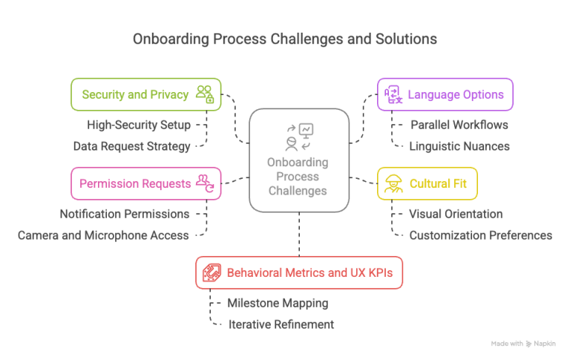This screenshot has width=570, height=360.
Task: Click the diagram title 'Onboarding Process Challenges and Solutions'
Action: (x=285, y=39)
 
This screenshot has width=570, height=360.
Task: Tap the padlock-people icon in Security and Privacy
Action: (x=205, y=94)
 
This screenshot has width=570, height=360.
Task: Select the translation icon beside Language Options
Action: (x=393, y=94)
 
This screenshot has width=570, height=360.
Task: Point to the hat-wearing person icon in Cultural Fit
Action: (x=393, y=183)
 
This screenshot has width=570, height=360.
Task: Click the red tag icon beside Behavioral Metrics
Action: (x=212, y=272)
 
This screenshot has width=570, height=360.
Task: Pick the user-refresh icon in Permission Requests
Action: (x=206, y=183)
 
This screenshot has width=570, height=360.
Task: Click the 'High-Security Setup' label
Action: (x=139, y=125)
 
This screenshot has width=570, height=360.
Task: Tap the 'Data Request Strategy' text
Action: (x=131, y=146)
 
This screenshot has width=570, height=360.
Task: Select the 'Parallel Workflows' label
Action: (x=459, y=125)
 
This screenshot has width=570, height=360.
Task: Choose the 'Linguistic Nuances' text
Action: (x=459, y=146)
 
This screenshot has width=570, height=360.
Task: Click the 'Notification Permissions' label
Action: (x=125, y=214)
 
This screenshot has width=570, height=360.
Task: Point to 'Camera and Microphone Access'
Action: (x=103, y=235)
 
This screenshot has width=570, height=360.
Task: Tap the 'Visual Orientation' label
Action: (x=456, y=214)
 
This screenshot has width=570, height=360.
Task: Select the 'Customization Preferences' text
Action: (x=481, y=235)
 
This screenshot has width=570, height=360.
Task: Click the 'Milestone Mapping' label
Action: (x=278, y=303)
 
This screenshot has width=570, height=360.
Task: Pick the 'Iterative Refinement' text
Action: (x=281, y=324)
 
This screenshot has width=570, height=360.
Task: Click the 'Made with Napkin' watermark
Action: (x=523, y=344)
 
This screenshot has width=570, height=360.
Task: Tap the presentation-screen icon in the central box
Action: (x=306, y=131)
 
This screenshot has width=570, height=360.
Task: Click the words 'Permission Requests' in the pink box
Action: (x=135, y=183)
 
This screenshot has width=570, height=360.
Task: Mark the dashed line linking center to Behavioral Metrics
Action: (x=299, y=234)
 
